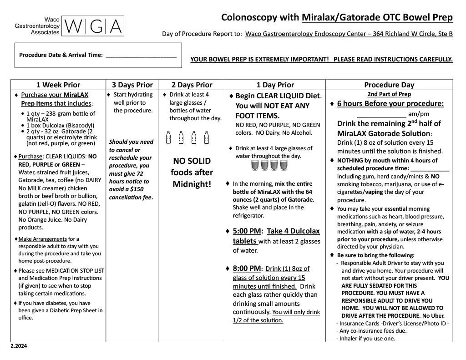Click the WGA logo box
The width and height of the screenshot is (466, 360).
point(92,26)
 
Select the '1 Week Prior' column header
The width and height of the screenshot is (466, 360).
point(58,85)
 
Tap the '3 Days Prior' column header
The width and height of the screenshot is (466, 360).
point(132,85)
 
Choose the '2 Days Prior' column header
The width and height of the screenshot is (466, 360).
point(192,85)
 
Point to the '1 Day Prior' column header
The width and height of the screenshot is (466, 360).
point(275,85)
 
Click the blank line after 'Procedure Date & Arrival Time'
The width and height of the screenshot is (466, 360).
point(141,56)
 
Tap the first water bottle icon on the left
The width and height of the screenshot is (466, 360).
point(169,137)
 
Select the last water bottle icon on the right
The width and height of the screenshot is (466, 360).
point(207,137)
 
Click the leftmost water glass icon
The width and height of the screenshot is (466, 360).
point(255,165)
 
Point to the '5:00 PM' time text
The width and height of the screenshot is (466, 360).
point(247,231)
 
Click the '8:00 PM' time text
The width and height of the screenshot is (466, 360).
point(247,269)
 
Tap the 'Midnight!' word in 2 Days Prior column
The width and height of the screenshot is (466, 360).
point(192,184)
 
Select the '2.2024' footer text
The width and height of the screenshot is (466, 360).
point(19,346)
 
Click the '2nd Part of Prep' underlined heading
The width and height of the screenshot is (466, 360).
point(389,94)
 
